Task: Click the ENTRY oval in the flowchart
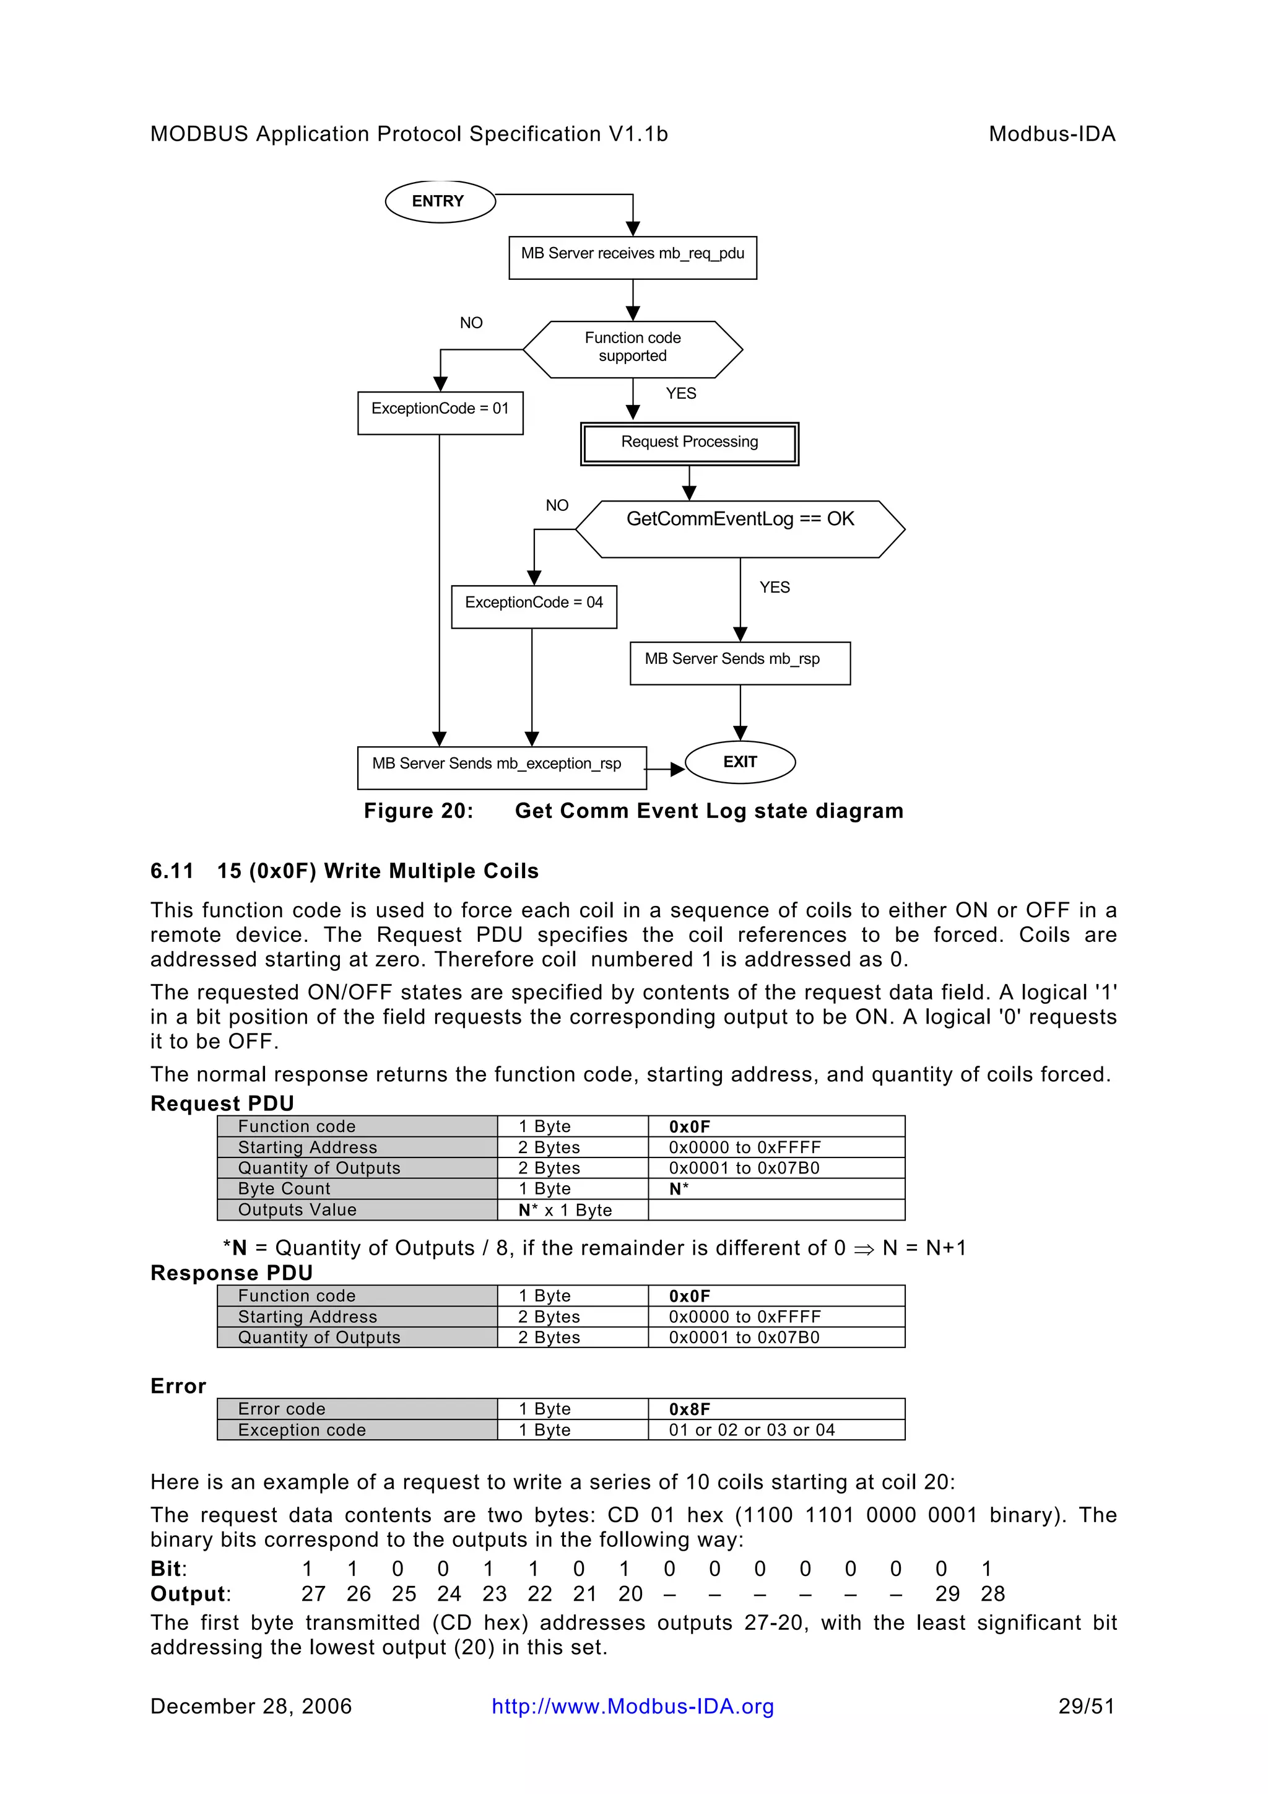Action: click(440, 202)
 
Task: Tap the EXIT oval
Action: click(739, 762)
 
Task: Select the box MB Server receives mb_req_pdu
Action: click(632, 257)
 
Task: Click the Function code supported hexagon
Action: click(632, 349)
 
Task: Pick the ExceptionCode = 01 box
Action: click(440, 412)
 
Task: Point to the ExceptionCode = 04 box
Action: click(534, 606)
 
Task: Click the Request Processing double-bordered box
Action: click(689, 443)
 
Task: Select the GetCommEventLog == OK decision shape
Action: click(740, 528)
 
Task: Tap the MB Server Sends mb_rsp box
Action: click(739, 663)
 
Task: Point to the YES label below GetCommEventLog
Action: click(775, 587)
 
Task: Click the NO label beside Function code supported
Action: click(471, 323)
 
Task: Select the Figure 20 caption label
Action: click(419, 811)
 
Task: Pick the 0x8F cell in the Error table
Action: click(690, 1409)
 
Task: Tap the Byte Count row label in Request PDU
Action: click(284, 1188)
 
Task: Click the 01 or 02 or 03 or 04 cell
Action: click(752, 1430)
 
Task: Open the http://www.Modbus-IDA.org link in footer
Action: click(633, 1707)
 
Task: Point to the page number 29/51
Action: click(1086, 1707)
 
